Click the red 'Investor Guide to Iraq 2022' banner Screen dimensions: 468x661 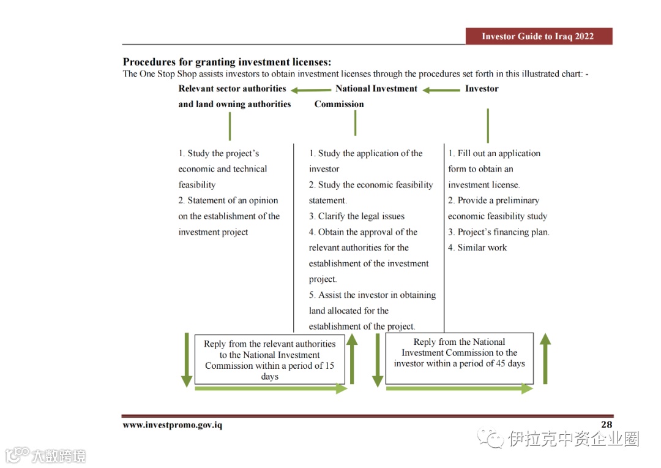(538, 36)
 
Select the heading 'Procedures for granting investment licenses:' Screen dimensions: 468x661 (227, 62)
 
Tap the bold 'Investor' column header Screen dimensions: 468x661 (482, 89)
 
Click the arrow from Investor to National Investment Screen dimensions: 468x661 (441, 90)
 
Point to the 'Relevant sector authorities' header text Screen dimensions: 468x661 (232, 89)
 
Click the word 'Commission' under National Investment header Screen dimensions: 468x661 (339, 104)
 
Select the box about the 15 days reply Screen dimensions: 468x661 (269, 360)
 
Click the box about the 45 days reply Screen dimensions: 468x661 (459, 358)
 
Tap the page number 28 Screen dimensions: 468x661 (606, 425)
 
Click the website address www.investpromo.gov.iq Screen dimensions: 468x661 (172, 425)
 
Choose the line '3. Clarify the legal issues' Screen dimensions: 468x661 (357, 216)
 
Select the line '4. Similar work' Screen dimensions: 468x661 (477, 247)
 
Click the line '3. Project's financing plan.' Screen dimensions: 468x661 (499, 232)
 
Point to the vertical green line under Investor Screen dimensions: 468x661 (488, 126)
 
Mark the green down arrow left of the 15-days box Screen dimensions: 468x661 (187, 360)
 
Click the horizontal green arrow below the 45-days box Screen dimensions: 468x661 (459, 388)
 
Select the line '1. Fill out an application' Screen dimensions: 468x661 (495, 153)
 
